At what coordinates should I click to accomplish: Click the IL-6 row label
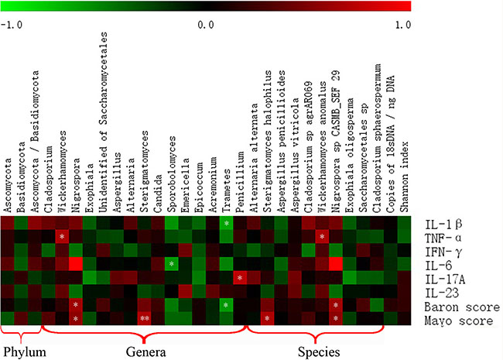(438, 266)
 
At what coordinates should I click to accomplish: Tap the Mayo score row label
(459, 321)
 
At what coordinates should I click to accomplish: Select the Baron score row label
(462, 307)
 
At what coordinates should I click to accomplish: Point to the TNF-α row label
(443, 238)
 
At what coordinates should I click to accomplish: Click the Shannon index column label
(405, 177)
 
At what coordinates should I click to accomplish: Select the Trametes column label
(227, 190)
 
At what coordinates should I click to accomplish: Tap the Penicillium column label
(240, 182)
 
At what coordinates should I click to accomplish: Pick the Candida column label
(158, 194)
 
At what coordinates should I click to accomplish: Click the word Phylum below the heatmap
(25, 352)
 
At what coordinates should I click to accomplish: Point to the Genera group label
(146, 352)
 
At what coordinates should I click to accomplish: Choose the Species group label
(319, 352)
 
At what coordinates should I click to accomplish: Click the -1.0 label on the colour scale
(12, 25)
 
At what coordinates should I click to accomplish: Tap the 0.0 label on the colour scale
(206, 25)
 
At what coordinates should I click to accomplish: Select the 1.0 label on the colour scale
(403, 25)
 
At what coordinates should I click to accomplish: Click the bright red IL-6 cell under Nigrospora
(76, 264)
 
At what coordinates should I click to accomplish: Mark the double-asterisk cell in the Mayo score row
(144, 319)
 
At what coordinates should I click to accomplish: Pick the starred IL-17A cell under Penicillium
(240, 277)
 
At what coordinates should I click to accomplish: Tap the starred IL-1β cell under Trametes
(227, 223)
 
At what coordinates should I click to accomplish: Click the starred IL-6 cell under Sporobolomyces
(172, 264)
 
